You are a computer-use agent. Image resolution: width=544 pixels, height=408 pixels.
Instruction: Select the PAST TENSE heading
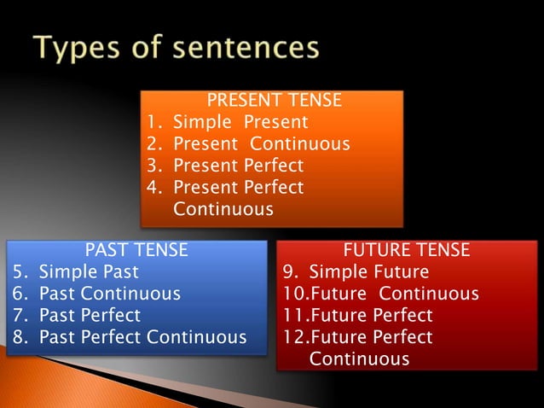[x=136, y=250]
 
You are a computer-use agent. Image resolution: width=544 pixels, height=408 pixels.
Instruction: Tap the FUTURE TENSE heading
[x=406, y=250]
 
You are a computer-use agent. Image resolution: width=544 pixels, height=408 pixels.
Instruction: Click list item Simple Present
[x=240, y=122]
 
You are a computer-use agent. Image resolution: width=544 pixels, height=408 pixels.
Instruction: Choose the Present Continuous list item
[x=261, y=143]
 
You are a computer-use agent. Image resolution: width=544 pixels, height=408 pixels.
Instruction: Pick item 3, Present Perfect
[x=238, y=166]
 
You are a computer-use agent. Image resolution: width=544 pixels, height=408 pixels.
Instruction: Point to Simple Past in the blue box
[x=89, y=272]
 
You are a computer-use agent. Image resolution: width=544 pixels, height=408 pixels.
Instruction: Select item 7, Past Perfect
[x=90, y=316]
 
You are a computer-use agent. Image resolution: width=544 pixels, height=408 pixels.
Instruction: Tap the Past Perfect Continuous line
[x=142, y=337]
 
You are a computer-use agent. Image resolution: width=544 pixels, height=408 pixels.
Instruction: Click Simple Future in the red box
[x=368, y=272]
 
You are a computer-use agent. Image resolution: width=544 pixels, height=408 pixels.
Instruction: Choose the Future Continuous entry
[x=393, y=294]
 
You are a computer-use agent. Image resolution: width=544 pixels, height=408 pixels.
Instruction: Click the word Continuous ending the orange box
[x=223, y=209]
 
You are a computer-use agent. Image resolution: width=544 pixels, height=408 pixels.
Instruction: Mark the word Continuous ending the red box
[x=359, y=359]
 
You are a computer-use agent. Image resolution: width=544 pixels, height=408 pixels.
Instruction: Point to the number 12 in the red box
[x=292, y=337]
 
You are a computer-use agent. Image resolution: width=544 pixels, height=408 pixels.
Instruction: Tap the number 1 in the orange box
[x=153, y=122]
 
